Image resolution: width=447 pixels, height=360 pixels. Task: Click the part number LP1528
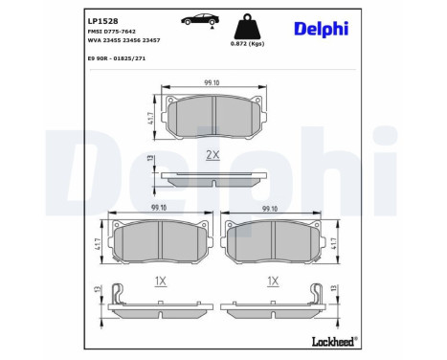click(102, 21)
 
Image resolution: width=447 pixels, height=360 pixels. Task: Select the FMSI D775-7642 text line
click(111, 32)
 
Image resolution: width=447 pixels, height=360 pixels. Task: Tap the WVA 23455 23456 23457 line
click(123, 40)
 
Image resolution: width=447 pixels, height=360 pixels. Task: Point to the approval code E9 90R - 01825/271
click(117, 58)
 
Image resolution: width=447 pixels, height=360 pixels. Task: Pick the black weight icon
click(247, 27)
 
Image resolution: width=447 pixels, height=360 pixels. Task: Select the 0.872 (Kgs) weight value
click(247, 44)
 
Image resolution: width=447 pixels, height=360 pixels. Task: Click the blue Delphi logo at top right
click(321, 29)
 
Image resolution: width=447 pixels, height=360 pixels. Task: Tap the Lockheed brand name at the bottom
click(334, 342)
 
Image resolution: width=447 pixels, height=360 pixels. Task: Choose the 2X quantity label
click(212, 155)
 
